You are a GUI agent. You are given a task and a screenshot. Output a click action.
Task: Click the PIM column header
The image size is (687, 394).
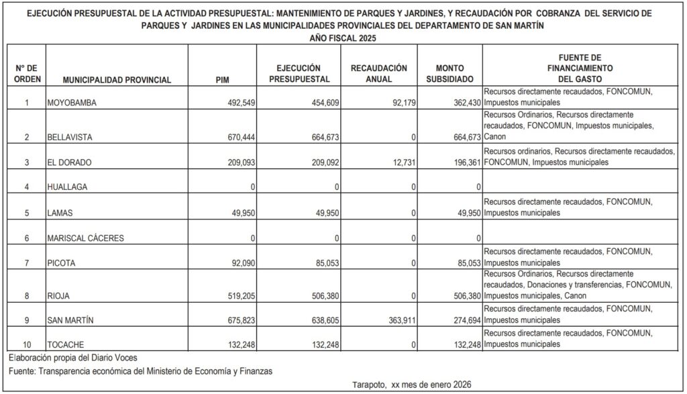[x=222, y=80]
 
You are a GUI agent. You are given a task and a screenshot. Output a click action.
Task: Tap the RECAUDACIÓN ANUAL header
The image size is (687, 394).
[x=378, y=74]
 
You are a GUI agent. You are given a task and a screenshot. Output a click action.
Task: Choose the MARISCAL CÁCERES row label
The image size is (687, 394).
[x=85, y=238]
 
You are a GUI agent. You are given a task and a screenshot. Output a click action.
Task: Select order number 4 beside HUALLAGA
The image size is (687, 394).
[x=26, y=187]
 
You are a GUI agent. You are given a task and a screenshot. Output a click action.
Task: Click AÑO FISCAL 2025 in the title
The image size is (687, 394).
[x=343, y=38]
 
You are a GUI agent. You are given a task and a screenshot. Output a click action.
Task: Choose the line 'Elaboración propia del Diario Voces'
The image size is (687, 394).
[x=74, y=357]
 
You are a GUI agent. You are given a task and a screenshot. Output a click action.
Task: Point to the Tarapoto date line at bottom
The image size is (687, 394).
[x=411, y=385]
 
